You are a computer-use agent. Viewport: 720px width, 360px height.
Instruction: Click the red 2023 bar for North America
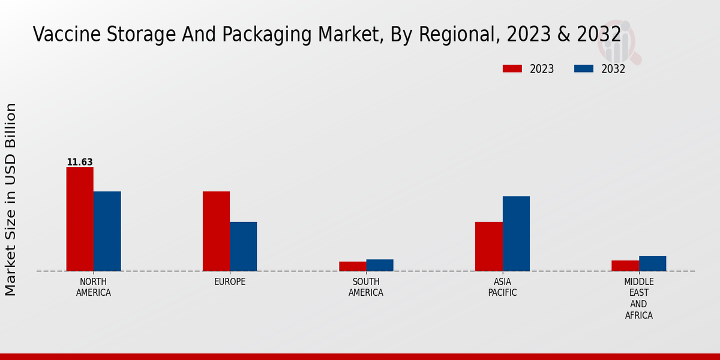80,219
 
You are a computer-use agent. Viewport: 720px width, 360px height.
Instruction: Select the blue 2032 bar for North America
107,231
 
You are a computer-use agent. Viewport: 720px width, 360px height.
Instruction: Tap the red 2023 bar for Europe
216,231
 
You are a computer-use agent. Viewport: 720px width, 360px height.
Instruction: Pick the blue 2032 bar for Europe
244,247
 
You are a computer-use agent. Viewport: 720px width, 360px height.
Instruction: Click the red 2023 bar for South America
352,266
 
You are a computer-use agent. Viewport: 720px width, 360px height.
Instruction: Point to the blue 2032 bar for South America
380,265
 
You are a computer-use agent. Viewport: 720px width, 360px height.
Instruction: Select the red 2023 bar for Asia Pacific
488,247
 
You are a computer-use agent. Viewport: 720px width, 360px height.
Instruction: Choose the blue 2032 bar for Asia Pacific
516,233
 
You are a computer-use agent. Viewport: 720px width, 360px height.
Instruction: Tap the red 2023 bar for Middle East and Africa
625,265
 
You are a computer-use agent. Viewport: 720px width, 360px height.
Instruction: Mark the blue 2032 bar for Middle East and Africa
652,263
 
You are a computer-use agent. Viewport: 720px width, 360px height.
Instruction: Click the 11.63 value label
80,162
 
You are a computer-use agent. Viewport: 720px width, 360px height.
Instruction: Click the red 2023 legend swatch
512,69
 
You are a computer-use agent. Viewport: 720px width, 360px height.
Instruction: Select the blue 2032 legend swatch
583,69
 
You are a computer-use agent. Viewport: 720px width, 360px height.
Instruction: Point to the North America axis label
94,287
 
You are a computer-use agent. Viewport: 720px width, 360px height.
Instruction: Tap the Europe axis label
230,282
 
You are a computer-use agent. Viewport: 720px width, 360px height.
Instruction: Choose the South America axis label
366,287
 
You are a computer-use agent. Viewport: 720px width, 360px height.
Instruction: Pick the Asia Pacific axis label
502,287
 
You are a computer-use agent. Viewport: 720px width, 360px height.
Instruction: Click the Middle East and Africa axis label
638,298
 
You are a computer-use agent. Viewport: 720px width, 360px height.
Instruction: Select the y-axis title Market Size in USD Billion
11,199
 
